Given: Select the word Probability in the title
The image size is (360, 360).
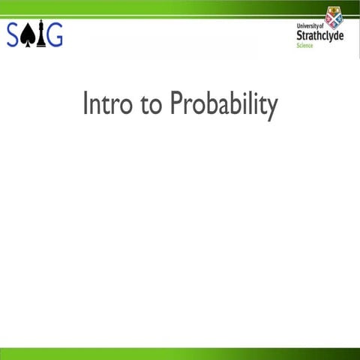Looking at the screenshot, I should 223,106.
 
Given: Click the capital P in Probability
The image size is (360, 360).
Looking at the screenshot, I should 177,104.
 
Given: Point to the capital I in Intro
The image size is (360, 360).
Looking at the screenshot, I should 85,104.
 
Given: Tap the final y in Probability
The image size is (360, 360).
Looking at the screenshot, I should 272,109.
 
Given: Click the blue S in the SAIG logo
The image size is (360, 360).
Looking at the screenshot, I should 14,35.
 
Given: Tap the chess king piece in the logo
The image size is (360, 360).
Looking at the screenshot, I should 40,35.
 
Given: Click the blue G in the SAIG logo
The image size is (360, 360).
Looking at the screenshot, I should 55,35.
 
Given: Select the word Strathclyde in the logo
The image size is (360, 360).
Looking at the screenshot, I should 320,35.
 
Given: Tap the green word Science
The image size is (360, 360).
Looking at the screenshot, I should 304,46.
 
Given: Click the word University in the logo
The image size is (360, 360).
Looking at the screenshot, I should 308,26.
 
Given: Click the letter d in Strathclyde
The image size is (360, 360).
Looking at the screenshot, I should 332,35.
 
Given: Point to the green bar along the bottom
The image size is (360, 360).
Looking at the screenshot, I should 180,353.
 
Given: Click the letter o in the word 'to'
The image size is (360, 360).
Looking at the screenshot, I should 155,106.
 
